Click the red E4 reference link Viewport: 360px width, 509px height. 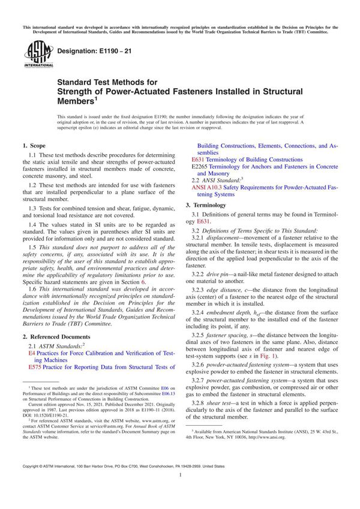tap(32, 354)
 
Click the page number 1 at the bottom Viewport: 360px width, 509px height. tap(180, 491)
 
